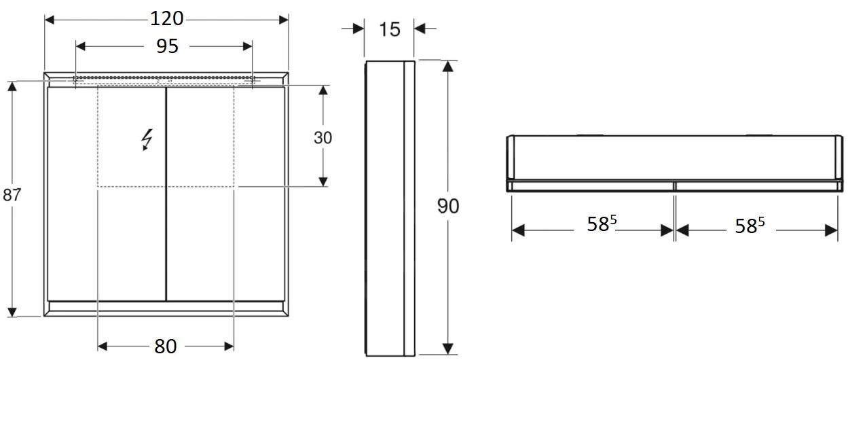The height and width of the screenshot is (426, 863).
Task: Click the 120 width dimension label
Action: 167,19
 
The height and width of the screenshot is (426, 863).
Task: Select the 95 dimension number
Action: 167,46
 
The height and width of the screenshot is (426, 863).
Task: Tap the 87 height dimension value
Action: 12,195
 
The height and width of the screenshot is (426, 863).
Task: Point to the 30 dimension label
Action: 323,137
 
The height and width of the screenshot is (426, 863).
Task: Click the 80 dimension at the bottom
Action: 165,347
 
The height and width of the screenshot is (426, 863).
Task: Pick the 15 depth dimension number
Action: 390,29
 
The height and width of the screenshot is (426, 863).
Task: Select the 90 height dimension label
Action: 448,206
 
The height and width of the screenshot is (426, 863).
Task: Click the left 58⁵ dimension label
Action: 602,225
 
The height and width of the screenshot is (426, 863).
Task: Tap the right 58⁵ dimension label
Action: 750,226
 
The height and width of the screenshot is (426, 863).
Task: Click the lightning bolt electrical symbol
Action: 147,139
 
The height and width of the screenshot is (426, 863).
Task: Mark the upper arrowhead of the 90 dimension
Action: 447,66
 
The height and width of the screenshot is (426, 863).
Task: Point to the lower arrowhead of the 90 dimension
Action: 447,349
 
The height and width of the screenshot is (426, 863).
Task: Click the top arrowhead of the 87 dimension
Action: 12,87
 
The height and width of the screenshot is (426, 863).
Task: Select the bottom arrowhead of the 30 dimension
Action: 323,181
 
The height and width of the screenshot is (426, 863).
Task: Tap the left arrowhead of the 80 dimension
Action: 103,347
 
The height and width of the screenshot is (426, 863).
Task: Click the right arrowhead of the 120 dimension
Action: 283,19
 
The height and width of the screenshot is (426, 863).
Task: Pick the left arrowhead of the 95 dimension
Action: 81,46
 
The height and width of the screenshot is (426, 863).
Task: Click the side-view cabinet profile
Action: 390,208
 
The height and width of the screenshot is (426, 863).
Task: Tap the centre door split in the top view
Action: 674,185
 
